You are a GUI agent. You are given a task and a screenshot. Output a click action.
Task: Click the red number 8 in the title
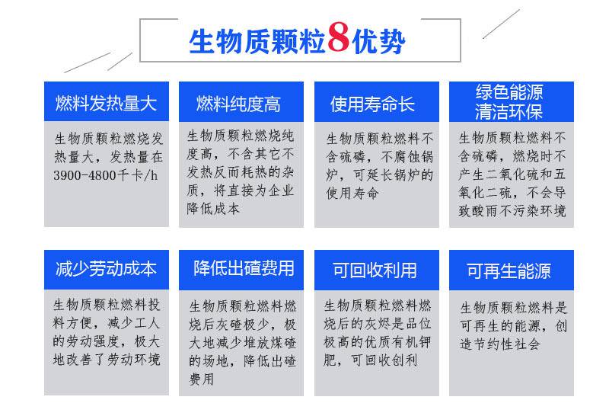pyautogui.click(x=339, y=37)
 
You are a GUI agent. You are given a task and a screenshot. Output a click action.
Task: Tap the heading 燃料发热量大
pyautogui.click(x=106, y=104)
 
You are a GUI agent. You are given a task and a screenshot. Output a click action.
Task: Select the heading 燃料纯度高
pyautogui.click(x=238, y=104)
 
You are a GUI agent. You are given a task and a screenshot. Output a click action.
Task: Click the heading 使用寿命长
pyautogui.click(x=372, y=104)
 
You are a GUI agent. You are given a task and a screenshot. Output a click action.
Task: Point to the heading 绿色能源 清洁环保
pyautogui.click(x=509, y=102)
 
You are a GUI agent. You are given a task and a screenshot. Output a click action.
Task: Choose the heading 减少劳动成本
pyautogui.click(x=106, y=269)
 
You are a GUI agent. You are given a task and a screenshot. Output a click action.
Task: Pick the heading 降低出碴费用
pyautogui.click(x=244, y=268)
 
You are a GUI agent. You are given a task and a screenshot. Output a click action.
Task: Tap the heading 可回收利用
pyautogui.click(x=375, y=270)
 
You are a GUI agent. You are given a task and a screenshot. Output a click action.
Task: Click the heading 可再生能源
pyautogui.click(x=509, y=270)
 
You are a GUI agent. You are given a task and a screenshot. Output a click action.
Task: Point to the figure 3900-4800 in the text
pyautogui.click(x=84, y=175)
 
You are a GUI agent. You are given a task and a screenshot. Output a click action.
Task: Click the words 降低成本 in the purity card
pyautogui.click(x=213, y=209)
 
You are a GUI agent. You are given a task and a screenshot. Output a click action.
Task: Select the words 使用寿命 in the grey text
pyautogui.click(x=352, y=194)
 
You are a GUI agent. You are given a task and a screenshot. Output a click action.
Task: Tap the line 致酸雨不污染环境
pyautogui.click(x=512, y=211)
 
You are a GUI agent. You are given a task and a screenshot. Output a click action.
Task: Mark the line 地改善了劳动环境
pyautogui.click(x=107, y=360)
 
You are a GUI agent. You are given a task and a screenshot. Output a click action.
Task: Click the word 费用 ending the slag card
pyautogui.click(x=202, y=379)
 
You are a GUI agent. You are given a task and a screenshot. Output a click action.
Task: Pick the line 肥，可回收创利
pyautogui.click(x=371, y=360)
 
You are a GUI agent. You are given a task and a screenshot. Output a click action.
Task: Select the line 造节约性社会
pyautogui.click(x=500, y=344)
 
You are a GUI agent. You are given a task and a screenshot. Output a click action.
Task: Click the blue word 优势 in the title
pyautogui.click(x=378, y=41)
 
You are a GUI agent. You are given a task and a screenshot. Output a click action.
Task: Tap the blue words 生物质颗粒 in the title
pyautogui.click(x=257, y=41)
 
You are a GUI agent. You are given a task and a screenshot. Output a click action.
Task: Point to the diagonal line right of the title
pyautogui.click(x=501, y=24)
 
